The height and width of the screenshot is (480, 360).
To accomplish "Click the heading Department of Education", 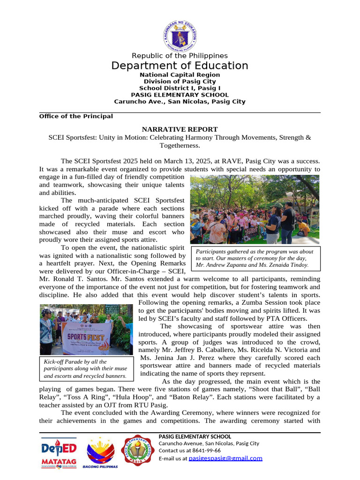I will (180, 66).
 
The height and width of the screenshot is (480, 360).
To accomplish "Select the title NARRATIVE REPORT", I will (180, 129).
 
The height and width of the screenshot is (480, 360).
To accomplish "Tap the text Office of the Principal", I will (76, 116).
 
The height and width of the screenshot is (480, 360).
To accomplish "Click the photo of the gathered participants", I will (255, 209).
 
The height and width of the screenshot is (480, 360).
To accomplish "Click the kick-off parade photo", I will (86, 330).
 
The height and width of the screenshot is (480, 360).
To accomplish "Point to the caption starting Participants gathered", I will (255, 258).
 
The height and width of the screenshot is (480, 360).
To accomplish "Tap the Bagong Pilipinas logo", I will (100, 453).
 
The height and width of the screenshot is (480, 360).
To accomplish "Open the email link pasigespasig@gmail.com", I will (225, 458).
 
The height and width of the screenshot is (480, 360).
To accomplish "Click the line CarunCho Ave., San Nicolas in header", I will (180, 101).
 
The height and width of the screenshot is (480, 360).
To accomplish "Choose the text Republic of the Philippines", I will (180, 56).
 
